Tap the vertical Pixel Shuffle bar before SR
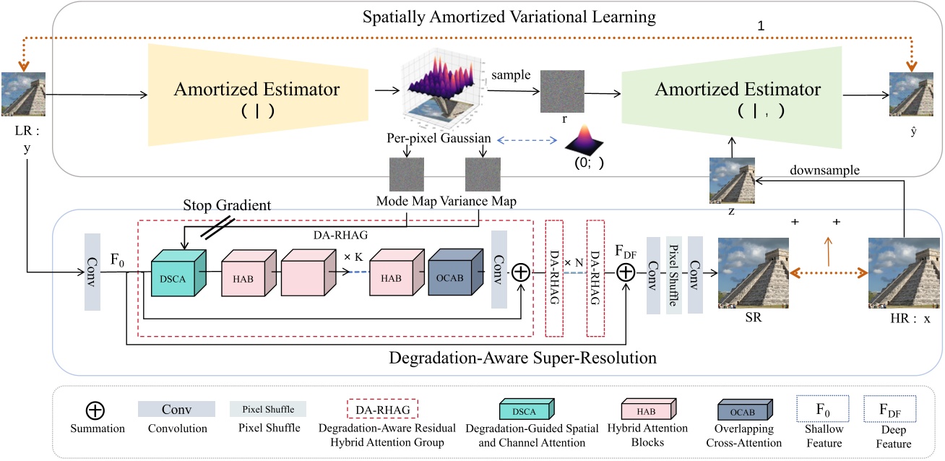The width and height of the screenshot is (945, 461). click(x=673, y=273)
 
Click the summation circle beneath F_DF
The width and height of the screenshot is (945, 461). click(x=625, y=272)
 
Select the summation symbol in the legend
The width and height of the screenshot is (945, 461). click(x=95, y=410)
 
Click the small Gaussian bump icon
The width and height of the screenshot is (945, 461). click(x=587, y=139)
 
